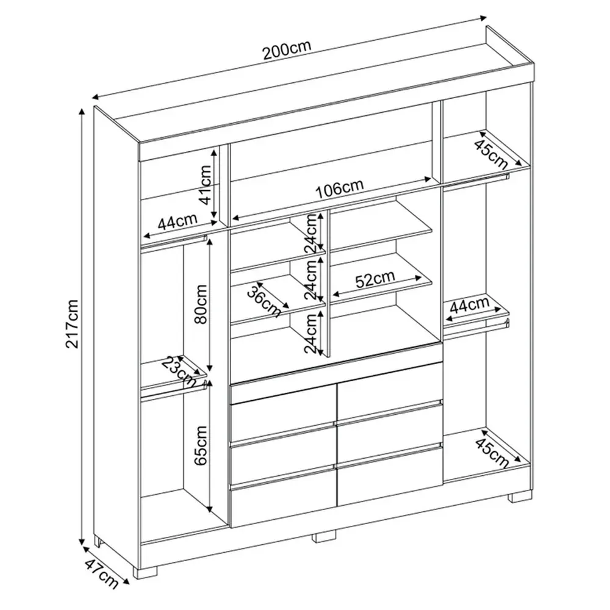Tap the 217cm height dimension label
73,324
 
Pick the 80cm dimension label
201,304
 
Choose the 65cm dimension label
201,445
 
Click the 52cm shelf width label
375,279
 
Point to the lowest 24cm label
311,334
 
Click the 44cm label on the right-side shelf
469,306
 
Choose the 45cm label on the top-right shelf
492,153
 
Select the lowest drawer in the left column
283,499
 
